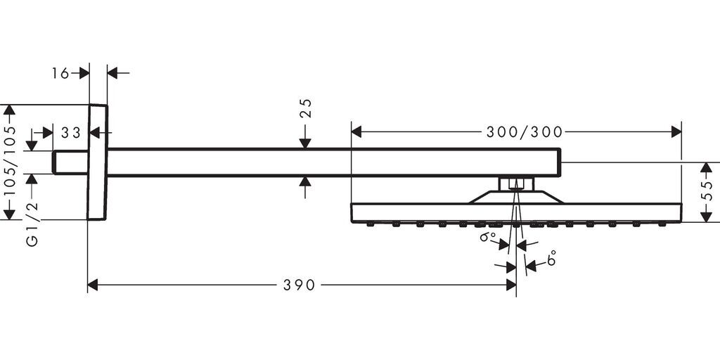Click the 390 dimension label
(299, 285)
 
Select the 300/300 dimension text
(525, 132)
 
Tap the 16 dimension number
(60, 73)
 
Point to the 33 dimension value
(71, 133)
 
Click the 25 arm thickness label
(306, 108)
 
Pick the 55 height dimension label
(709, 191)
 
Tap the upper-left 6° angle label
(488, 237)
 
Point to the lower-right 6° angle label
(551, 259)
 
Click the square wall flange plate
(97, 162)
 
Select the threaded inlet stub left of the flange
(70, 162)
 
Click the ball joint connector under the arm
(516, 184)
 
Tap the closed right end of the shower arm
(560, 162)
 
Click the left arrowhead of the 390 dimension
(92, 285)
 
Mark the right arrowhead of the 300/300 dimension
(676, 131)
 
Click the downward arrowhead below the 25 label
(305, 143)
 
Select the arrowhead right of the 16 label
(84, 73)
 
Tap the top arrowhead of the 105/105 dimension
(9, 110)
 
